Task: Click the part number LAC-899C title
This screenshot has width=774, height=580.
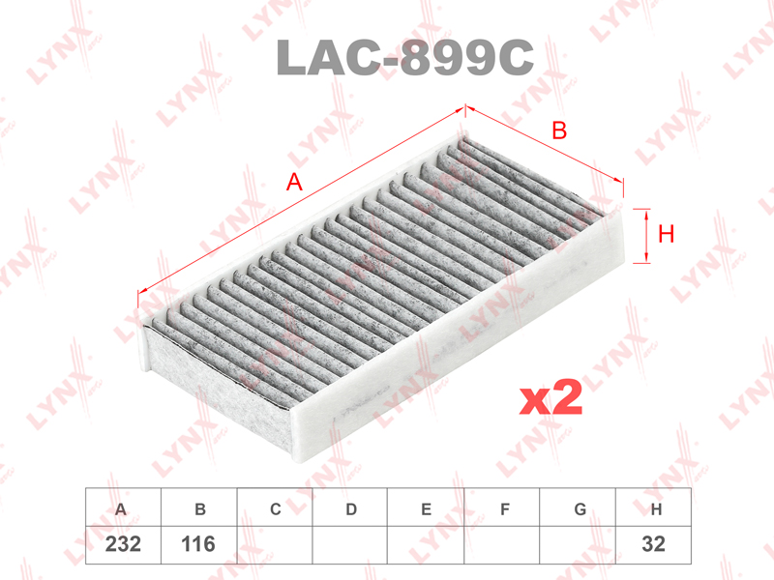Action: [404, 57]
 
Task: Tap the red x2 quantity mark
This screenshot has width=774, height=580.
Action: [551, 397]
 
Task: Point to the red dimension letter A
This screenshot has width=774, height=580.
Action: [294, 182]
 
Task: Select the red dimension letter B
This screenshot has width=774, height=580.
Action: [559, 130]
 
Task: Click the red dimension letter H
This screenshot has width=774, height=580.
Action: [666, 234]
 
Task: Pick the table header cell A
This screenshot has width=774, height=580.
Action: [123, 507]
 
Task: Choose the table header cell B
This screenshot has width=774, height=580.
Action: [199, 507]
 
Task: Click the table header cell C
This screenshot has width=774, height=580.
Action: [275, 507]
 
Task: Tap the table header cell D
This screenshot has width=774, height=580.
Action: [350, 507]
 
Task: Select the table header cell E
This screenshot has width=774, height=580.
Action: [426, 507]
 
